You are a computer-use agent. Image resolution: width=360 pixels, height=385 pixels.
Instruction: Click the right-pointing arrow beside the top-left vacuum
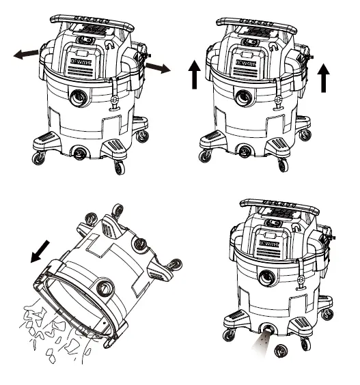click(x=158, y=68)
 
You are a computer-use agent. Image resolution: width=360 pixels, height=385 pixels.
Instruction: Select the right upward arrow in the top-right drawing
click(x=324, y=76)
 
